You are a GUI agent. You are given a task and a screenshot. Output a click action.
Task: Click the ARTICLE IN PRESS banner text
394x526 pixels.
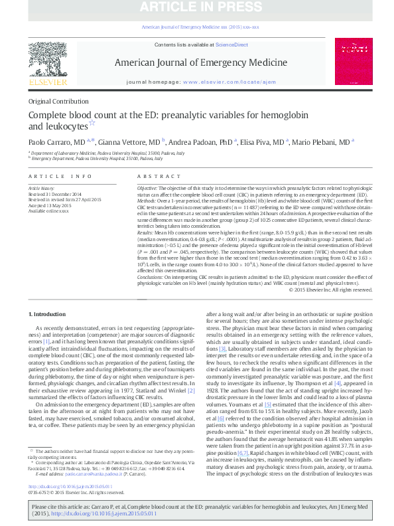pyautogui.click(x=196, y=9)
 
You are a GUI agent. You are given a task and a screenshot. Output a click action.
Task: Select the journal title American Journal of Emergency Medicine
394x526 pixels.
pyautogui.click(x=196, y=62)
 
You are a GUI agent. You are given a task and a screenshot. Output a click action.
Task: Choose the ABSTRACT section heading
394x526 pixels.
pyautogui.click(x=157, y=176)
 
